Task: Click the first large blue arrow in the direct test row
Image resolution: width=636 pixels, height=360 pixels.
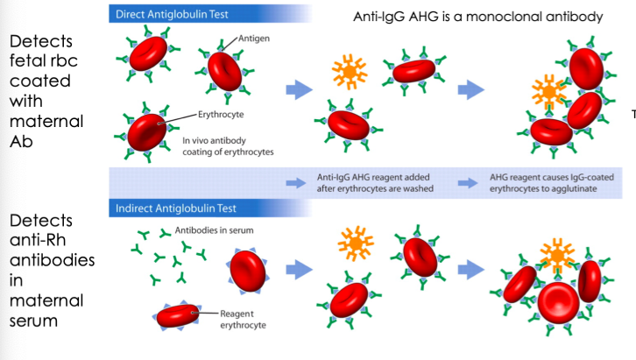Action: tap(300, 88)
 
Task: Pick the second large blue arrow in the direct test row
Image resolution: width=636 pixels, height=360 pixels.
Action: tap(475, 88)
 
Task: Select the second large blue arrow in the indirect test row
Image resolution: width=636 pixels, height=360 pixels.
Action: tap(475, 268)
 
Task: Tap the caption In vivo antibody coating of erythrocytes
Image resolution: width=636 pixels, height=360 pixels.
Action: tap(223, 145)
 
